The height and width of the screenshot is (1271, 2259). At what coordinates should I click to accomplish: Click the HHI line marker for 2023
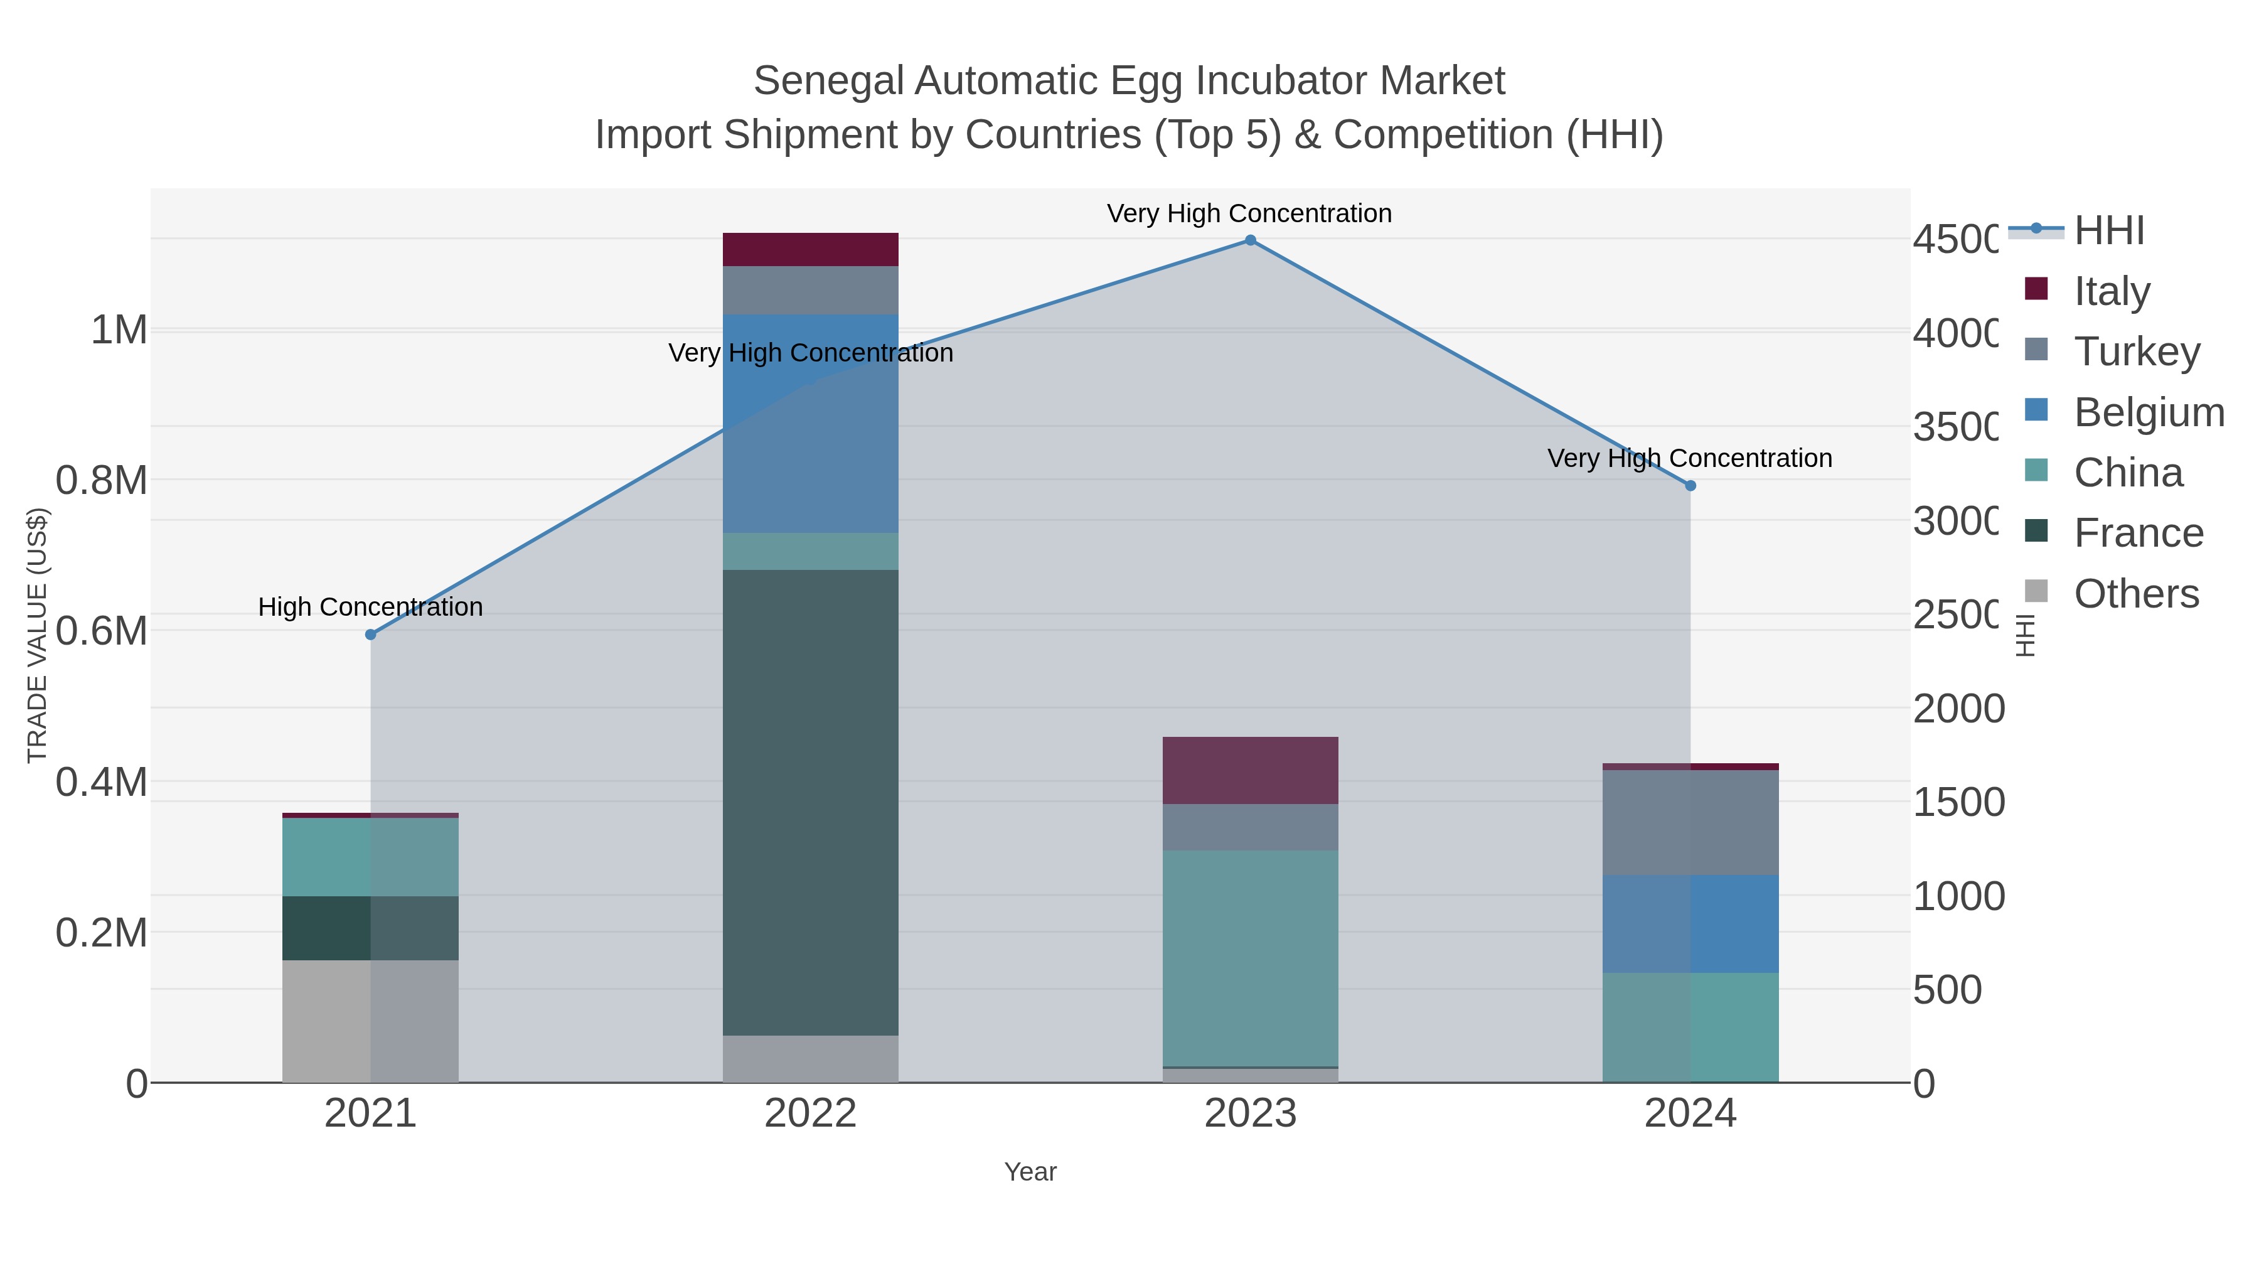coord(1251,240)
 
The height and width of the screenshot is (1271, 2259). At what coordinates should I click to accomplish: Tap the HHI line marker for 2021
coord(370,634)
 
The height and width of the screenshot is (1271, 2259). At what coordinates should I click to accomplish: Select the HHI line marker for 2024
coord(1690,486)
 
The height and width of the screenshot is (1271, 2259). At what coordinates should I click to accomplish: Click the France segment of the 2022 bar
coord(810,803)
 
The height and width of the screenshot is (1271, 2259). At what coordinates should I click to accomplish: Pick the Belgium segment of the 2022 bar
coord(810,424)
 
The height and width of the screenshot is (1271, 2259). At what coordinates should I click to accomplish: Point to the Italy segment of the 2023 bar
coord(1251,770)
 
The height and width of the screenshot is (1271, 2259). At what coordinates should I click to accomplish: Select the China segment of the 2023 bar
coord(1251,958)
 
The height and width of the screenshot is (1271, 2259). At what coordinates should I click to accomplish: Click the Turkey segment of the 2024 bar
coord(1690,822)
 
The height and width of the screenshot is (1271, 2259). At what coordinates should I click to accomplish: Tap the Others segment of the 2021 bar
coord(370,1021)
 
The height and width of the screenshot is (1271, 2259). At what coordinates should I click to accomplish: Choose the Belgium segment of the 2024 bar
coord(1690,924)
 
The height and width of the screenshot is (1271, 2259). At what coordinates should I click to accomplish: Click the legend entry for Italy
coord(2112,291)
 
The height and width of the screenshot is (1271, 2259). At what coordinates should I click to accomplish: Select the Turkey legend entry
coord(2136,351)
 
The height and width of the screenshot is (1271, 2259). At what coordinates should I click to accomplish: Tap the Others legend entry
coord(2136,594)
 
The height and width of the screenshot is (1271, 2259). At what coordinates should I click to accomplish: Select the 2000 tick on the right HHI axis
coord(1958,709)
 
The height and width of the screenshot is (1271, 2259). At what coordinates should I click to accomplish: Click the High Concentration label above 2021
coord(370,607)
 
